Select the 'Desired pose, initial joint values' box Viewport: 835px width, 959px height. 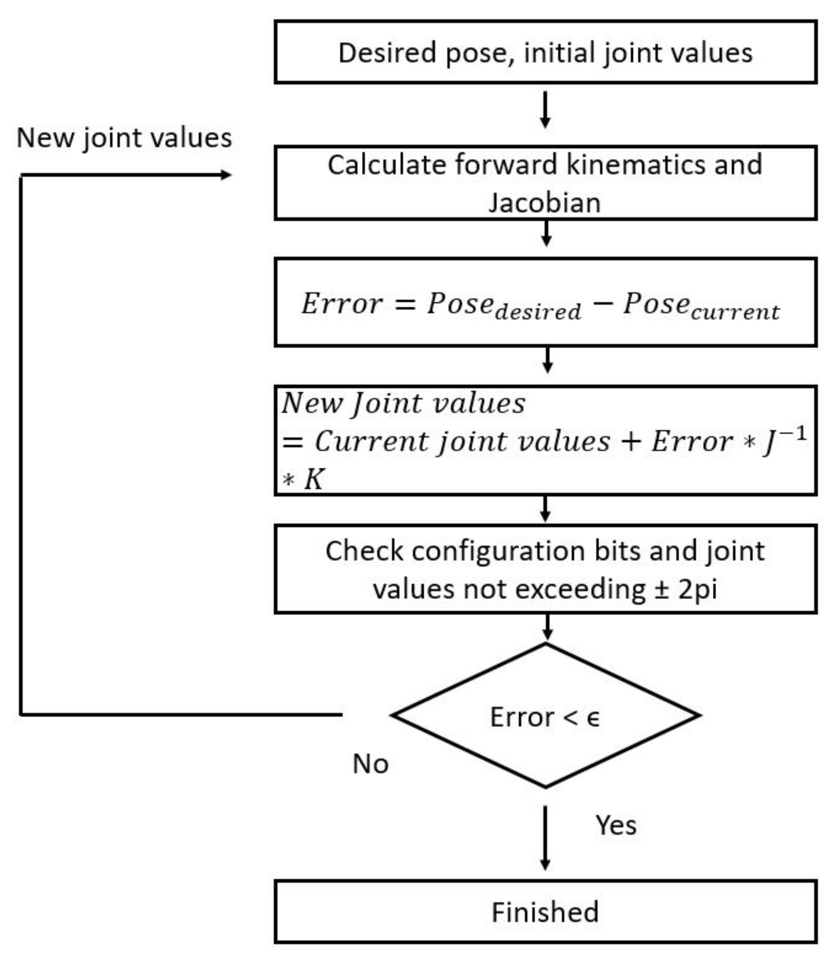pos(545,52)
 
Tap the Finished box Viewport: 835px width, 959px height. pos(545,912)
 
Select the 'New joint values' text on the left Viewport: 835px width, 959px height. pos(124,138)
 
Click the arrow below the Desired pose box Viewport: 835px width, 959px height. pos(545,110)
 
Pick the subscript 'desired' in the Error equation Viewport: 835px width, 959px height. pos(538,312)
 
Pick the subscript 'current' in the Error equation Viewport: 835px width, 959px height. pos(735,312)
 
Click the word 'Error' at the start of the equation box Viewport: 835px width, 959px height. pos(342,304)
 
